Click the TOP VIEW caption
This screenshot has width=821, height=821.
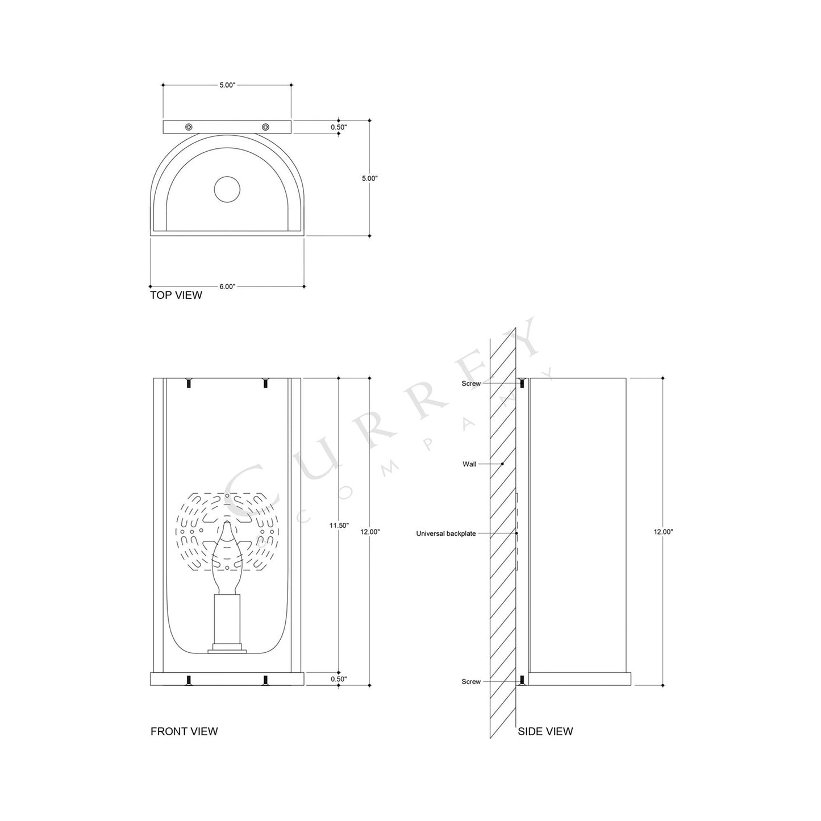[176, 295]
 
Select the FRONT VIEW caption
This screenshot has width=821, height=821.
[184, 731]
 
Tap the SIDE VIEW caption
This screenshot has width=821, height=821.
[545, 731]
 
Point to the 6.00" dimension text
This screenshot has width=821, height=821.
[227, 286]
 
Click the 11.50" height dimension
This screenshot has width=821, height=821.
[339, 526]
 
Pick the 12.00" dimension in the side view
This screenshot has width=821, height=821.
[663, 532]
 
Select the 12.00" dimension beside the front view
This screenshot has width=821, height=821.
[370, 532]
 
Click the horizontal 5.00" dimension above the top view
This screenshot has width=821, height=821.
[227, 85]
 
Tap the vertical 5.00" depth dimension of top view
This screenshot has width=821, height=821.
[369, 178]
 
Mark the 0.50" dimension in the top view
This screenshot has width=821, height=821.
[339, 127]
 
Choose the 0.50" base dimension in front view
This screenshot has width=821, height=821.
[339, 679]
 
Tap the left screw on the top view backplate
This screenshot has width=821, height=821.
[189, 126]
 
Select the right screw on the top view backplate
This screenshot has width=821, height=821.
[265, 126]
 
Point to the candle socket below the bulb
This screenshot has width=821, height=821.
[227, 619]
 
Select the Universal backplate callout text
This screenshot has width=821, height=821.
[445, 534]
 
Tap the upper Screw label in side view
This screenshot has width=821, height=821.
[471, 384]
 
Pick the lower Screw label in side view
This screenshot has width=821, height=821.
[471, 681]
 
